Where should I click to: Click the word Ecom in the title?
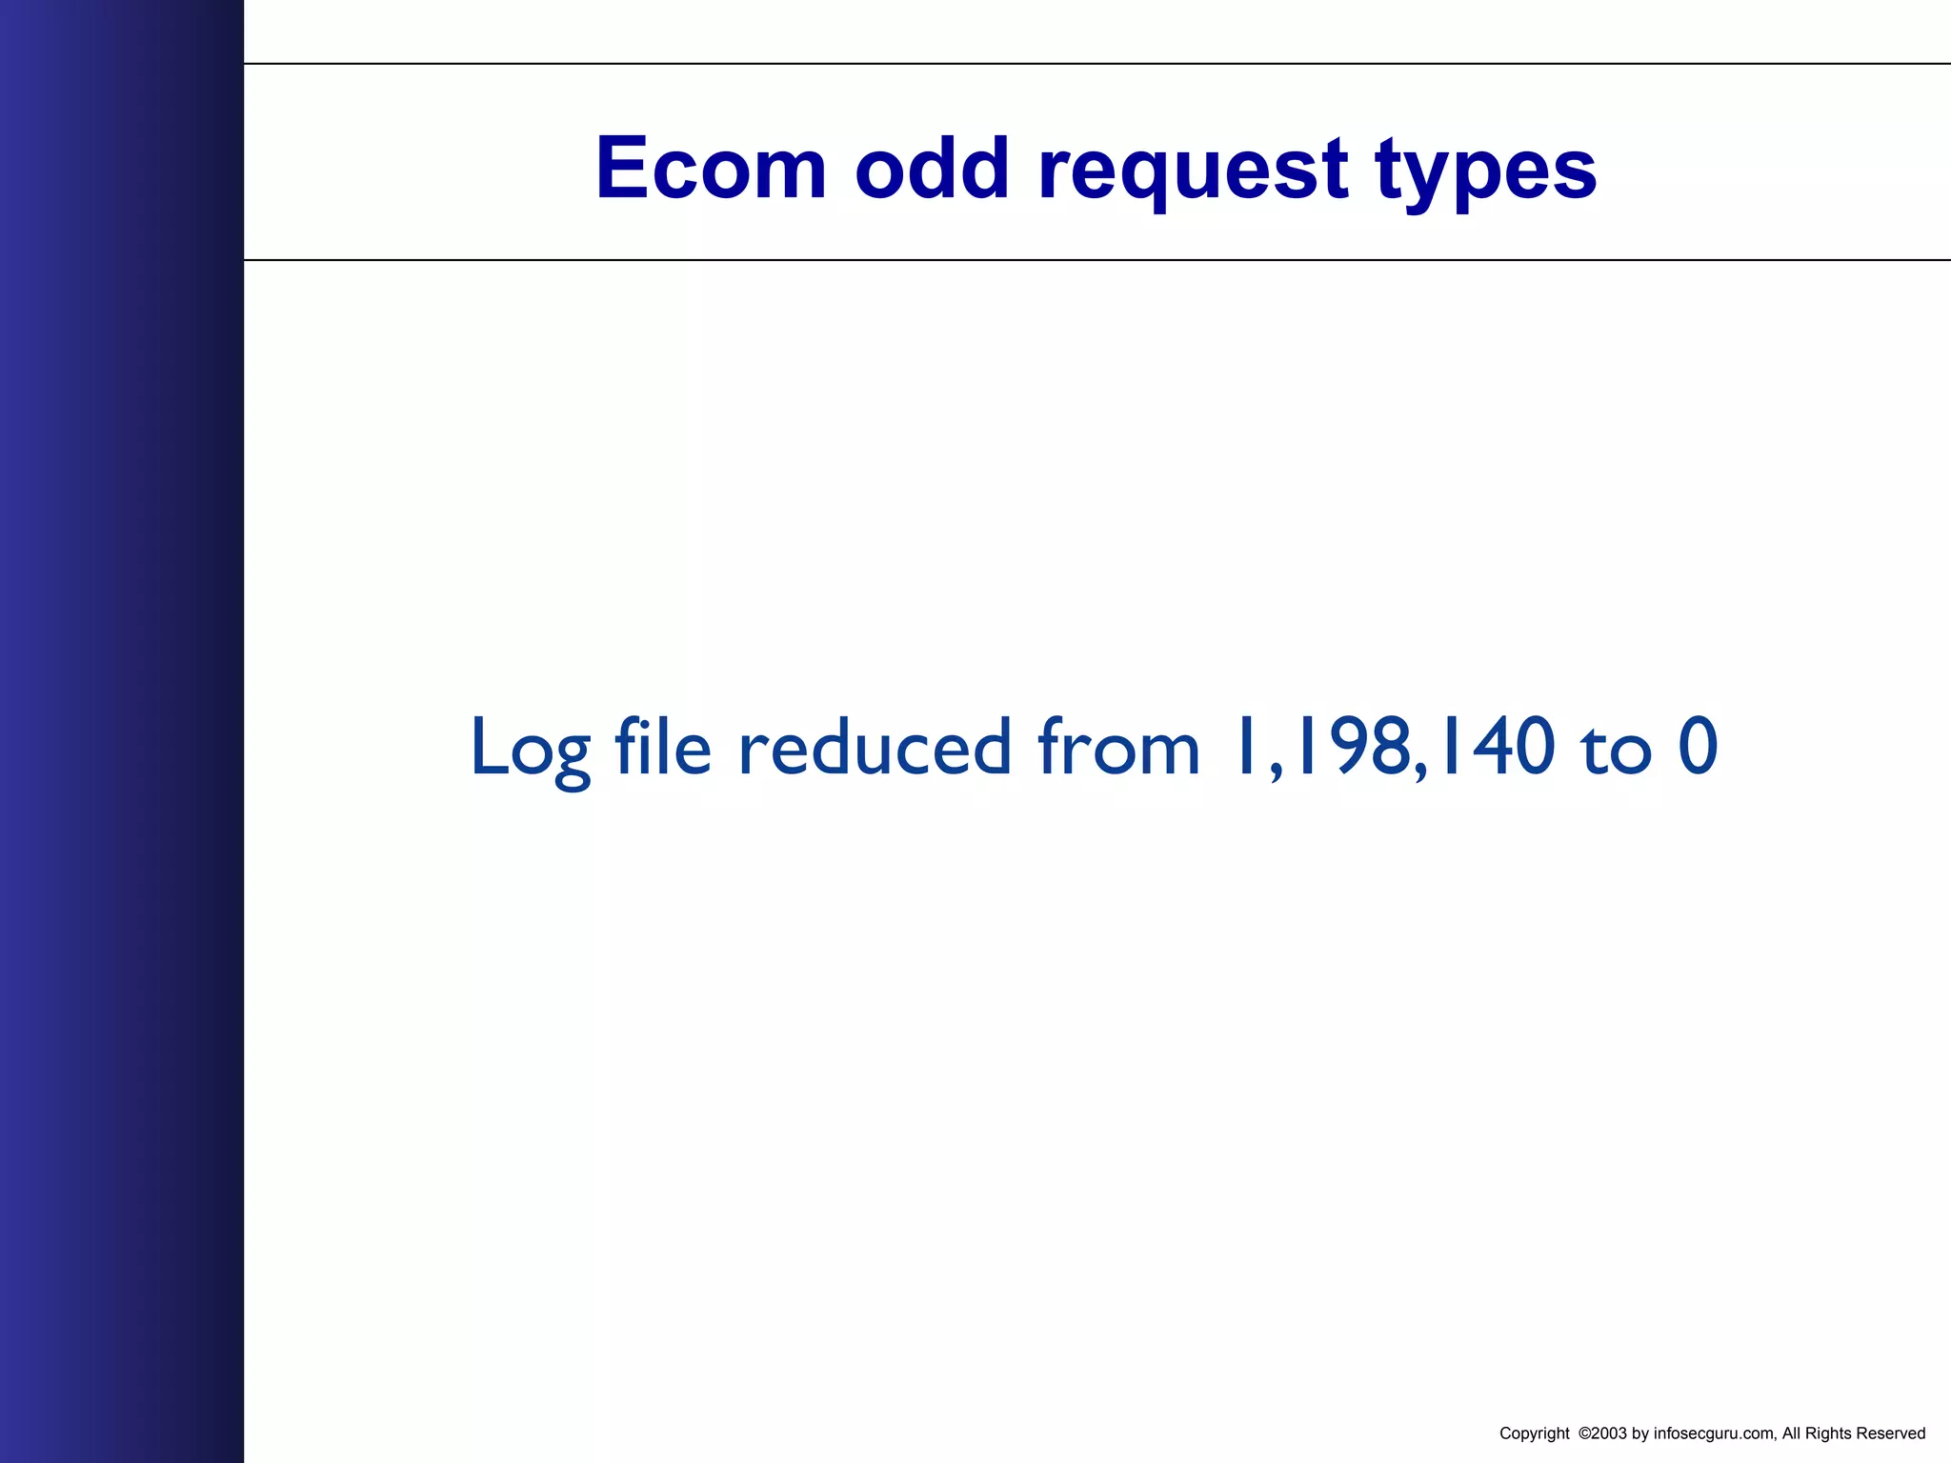(711, 169)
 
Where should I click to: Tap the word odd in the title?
(932, 169)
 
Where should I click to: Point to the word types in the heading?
(1486, 171)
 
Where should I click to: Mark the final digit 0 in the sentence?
(1698, 747)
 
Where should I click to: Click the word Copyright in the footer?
(1534, 1433)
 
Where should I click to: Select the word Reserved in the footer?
(1889, 1433)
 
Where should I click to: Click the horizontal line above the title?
(1096, 64)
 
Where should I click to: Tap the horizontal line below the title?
(1096, 259)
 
